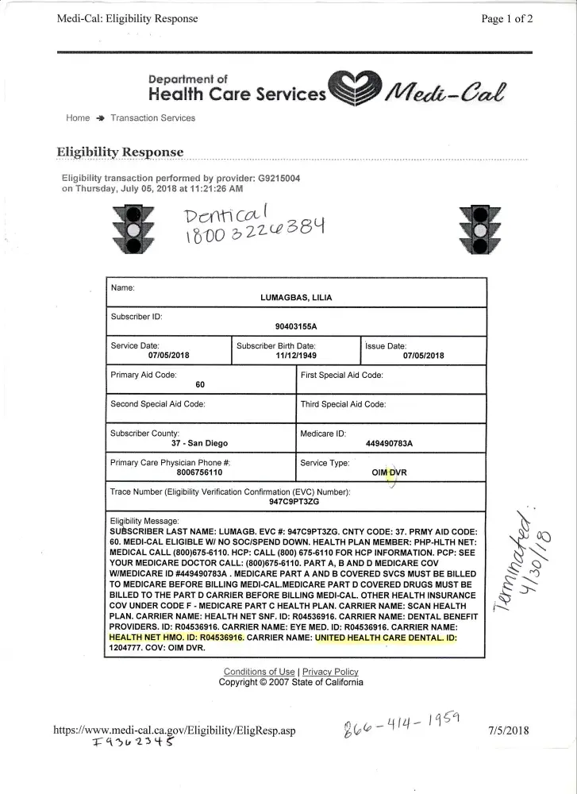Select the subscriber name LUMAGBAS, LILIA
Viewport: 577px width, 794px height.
(x=296, y=298)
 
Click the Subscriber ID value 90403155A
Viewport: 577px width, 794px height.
(x=296, y=326)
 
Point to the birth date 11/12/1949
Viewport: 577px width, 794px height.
(x=296, y=356)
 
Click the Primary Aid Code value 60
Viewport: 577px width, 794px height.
(x=200, y=384)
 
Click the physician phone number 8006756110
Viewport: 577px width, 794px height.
(x=200, y=472)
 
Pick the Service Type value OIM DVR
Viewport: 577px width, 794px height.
(x=390, y=472)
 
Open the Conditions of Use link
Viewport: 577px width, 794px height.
(x=259, y=672)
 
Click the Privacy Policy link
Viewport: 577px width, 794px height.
(x=330, y=672)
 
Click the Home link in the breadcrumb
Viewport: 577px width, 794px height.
(x=78, y=118)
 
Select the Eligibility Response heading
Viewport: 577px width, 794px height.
(x=120, y=152)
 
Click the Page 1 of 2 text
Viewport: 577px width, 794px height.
(x=506, y=20)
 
